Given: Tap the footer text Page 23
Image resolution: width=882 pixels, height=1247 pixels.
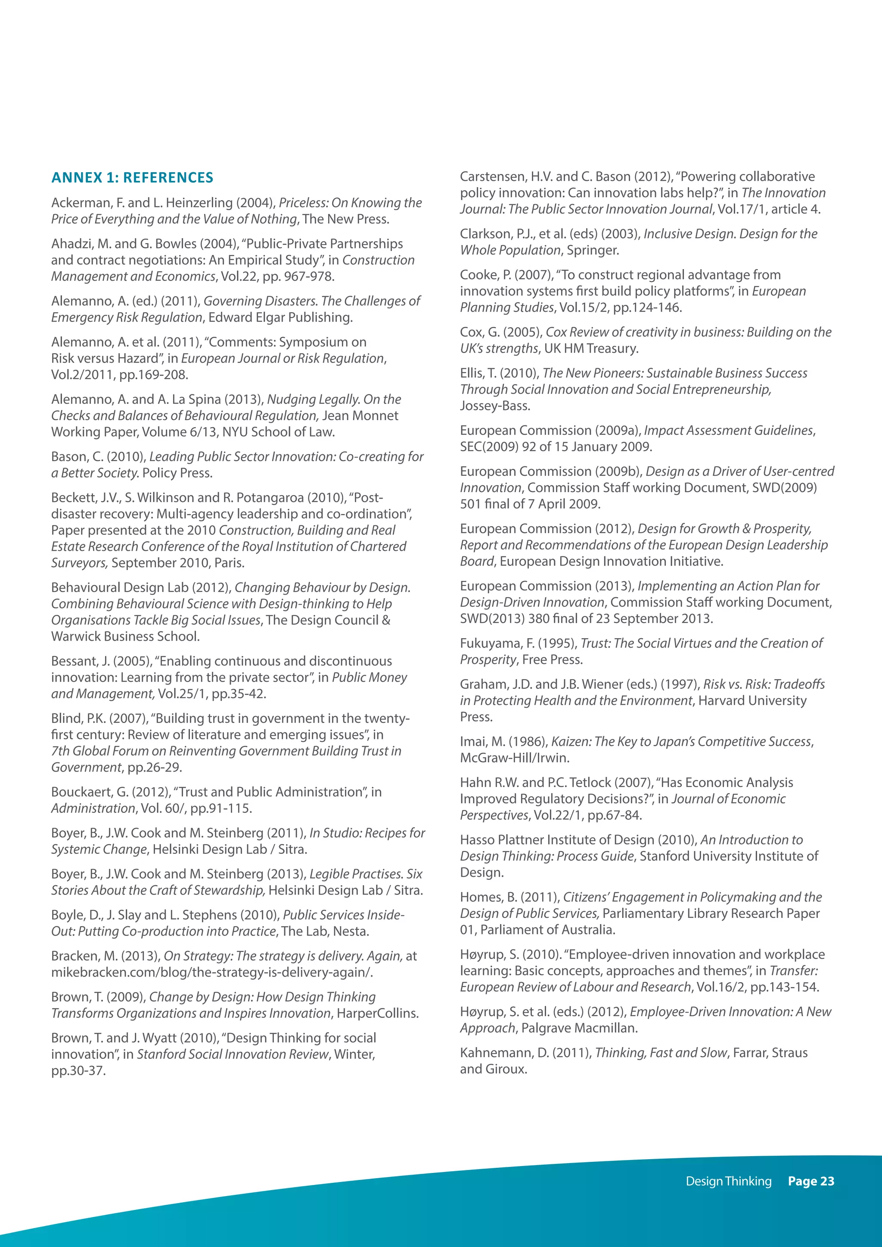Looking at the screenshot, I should pyautogui.click(x=811, y=1181).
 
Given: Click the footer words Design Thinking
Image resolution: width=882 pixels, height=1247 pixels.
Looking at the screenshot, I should pyautogui.click(x=728, y=1181).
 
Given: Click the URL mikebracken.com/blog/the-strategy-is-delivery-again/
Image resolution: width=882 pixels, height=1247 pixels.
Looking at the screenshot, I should pyautogui.click(x=212, y=972).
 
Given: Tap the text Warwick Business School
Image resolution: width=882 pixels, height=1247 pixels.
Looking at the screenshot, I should pyautogui.click(x=125, y=636).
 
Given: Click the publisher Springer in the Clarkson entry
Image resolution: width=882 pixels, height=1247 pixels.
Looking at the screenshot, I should pyautogui.click(x=592, y=250).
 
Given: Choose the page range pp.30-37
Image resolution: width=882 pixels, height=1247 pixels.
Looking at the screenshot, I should pyautogui.click(x=78, y=1070).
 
